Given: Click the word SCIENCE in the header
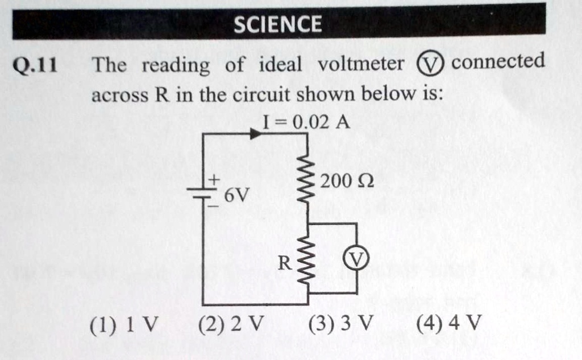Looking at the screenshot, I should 278,24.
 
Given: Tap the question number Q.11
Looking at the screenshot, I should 35,67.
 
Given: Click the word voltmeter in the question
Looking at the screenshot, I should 361,64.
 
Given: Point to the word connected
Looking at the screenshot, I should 498,61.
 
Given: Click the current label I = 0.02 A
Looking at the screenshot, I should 306,121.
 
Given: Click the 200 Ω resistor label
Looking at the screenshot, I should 347,182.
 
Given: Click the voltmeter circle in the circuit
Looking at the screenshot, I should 356,259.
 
